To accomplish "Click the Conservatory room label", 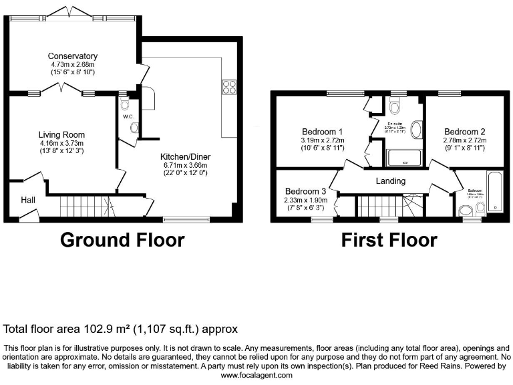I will point(73,55).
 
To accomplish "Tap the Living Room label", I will point(61,134).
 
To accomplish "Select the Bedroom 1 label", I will point(323,131).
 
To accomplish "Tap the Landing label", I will point(391,180).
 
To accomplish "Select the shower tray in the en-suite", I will point(404,158).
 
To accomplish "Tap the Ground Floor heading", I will point(122,240).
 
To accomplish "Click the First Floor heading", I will point(389,240).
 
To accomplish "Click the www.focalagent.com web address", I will point(256,376).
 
